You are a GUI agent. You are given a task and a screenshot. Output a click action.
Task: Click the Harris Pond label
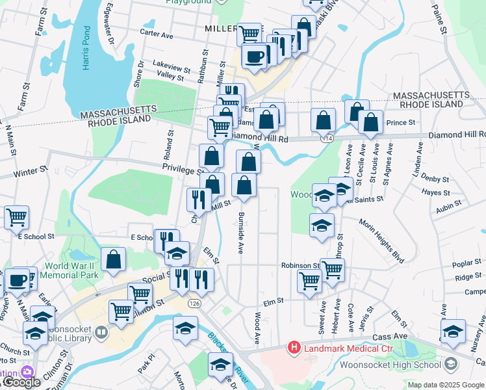point(86,49)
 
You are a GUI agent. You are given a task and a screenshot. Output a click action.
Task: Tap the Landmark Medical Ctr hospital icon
point(294,348)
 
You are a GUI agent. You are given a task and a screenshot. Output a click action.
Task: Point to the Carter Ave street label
point(158,32)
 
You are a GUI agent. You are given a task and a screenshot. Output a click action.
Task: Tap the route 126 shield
point(194,303)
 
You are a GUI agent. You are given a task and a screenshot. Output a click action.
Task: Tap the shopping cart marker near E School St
point(16,216)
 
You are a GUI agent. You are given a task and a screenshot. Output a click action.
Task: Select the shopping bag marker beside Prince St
point(370,122)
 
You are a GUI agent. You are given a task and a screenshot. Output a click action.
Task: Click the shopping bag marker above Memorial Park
point(114,259)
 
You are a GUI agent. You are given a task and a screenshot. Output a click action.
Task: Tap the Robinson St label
point(300,266)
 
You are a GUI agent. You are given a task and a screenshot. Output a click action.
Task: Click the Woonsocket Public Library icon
point(101,333)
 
